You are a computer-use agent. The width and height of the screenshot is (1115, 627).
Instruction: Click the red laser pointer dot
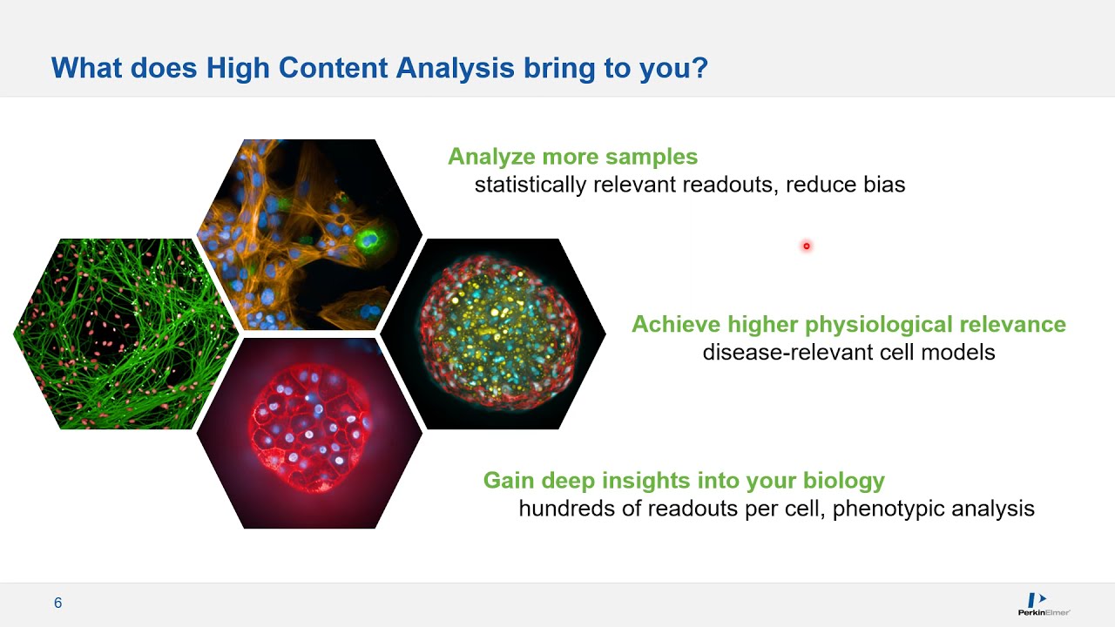[x=807, y=246]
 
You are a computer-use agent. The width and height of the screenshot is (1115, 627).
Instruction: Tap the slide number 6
[x=58, y=603]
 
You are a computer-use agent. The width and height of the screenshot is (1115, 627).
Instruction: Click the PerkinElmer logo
[x=1044, y=604]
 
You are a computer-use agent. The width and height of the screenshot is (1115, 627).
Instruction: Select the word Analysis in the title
[x=455, y=69]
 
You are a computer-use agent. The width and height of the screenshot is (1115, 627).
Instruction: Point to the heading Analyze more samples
[x=572, y=157]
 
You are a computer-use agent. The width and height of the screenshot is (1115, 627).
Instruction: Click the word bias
[x=881, y=185]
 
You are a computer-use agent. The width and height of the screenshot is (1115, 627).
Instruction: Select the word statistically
[x=530, y=185]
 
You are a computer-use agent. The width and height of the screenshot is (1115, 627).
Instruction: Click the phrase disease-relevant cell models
[x=848, y=353]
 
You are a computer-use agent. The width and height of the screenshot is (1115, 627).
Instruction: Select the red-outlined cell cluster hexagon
[x=310, y=433]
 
